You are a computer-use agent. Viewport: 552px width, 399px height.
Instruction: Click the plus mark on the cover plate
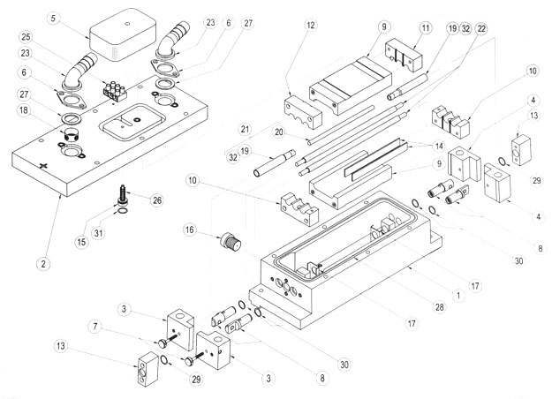coord(41,165)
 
